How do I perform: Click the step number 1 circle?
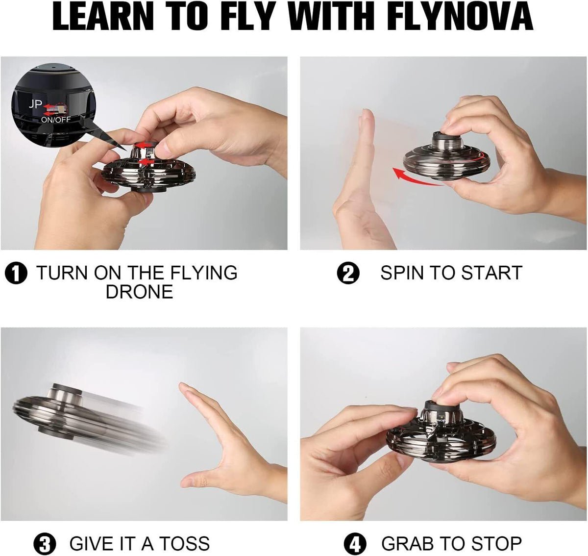(x=16, y=273)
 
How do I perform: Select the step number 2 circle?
(x=348, y=273)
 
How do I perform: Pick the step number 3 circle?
(x=45, y=544)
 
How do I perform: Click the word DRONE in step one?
(x=140, y=292)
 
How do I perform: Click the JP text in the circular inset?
(x=35, y=104)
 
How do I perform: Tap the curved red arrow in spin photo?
(x=416, y=177)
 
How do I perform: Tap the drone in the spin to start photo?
(x=447, y=157)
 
